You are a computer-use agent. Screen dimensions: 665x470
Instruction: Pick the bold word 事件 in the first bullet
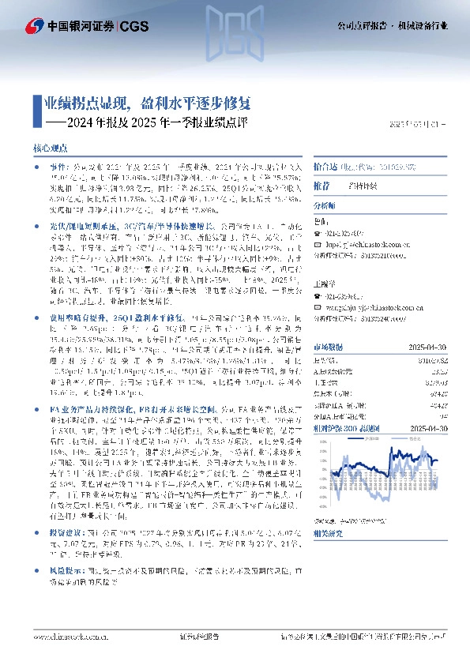(x=58, y=168)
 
